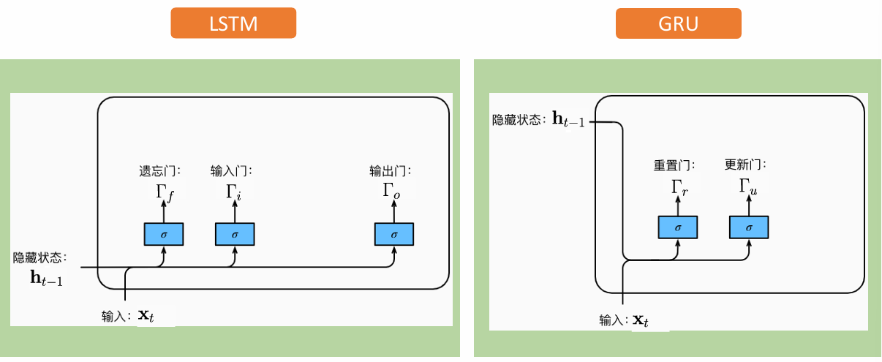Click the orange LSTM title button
[x=233, y=23]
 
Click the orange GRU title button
[x=678, y=23]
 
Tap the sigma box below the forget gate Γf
[x=163, y=234]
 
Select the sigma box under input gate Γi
[x=235, y=234]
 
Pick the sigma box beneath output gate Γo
[x=394, y=234]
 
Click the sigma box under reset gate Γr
[x=678, y=228]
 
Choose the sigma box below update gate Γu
[x=749, y=228]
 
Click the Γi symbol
[x=233, y=194]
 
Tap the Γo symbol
[x=393, y=192]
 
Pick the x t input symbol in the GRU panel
[x=641, y=320]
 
